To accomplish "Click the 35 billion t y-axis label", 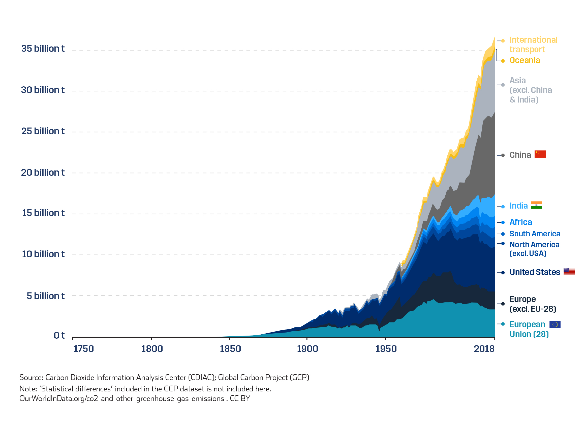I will tap(43, 49).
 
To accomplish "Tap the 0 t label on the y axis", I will tap(59, 336).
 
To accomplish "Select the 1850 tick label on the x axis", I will tap(230, 349).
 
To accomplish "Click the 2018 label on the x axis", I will tap(484, 349).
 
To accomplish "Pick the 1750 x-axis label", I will tap(84, 349).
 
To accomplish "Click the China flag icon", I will tap(540, 154).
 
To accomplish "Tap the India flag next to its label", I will tap(536, 205).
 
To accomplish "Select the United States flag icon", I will tap(569, 271).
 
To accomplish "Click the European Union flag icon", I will tap(555, 324).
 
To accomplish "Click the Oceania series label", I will tap(525, 60).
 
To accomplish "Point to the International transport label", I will tap(533, 45).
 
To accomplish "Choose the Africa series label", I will tap(520, 222).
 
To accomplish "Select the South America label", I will tap(535, 234).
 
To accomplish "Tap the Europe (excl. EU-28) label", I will tap(533, 304).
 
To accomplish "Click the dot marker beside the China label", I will tap(503, 155).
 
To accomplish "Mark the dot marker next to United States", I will tap(503, 272).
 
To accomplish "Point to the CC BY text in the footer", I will tap(240, 398).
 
